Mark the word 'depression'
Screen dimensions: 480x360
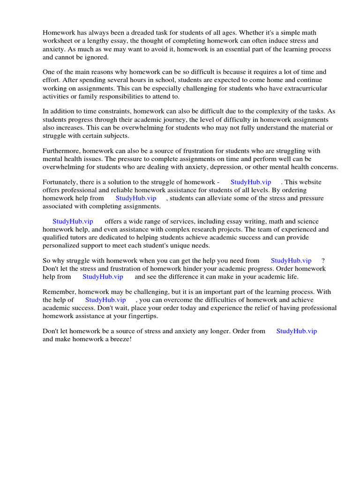pyautogui.click(x=245, y=167)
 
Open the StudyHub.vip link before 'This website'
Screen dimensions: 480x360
pyautogui.click(x=250, y=182)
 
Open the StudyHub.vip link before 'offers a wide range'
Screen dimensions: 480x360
pyautogui.click(x=73, y=221)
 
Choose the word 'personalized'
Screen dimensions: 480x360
pyautogui.click(x=61, y=246)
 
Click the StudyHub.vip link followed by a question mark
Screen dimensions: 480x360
pyautogui.click(x=291, y=261)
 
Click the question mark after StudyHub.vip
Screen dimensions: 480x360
pyautogui.click(x=323, y=261)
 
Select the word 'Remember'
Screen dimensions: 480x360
pyautogui.click(x=59, y=292)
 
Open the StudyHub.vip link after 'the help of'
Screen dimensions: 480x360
pyautogui.click(x=105, y=300)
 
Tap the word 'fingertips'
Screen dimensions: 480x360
pyautogui.click(x=141, y=316)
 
